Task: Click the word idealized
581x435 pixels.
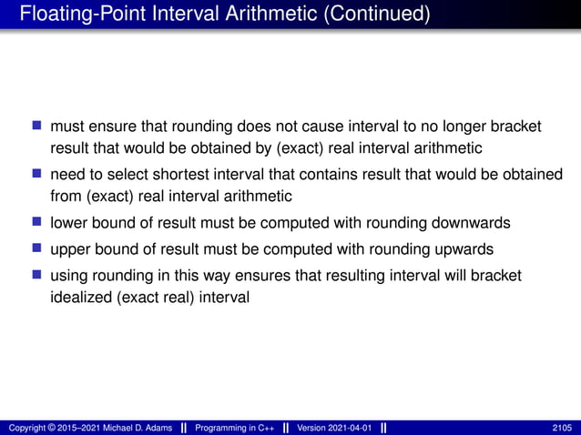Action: [x=78, y=297]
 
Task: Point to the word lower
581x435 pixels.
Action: [x=68, y=222]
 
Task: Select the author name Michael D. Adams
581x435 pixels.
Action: [x=135, y=428]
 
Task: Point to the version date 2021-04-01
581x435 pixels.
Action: [x=350, y=428]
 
